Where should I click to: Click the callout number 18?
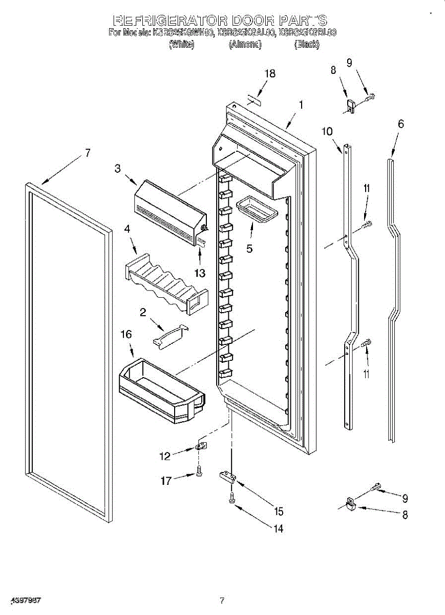click(x=270, y=73)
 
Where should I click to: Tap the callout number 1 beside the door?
click(x=301, y=104)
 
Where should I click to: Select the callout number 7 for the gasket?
click(x=88, y=152)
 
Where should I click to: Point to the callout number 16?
click(x=126, y=334)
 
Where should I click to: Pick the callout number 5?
click(x=249, y=249)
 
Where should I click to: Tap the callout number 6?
click(x=400, y=124)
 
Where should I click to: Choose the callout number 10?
click(x=327, y=131)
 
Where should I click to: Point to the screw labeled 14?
click(x=232, y=496)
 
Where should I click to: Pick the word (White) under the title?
click(x=181, y=45)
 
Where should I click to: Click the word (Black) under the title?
click(x=307, y=45)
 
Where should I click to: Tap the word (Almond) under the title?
click(x=245, y=45)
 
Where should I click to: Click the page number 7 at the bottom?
click(x=222, y=600)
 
